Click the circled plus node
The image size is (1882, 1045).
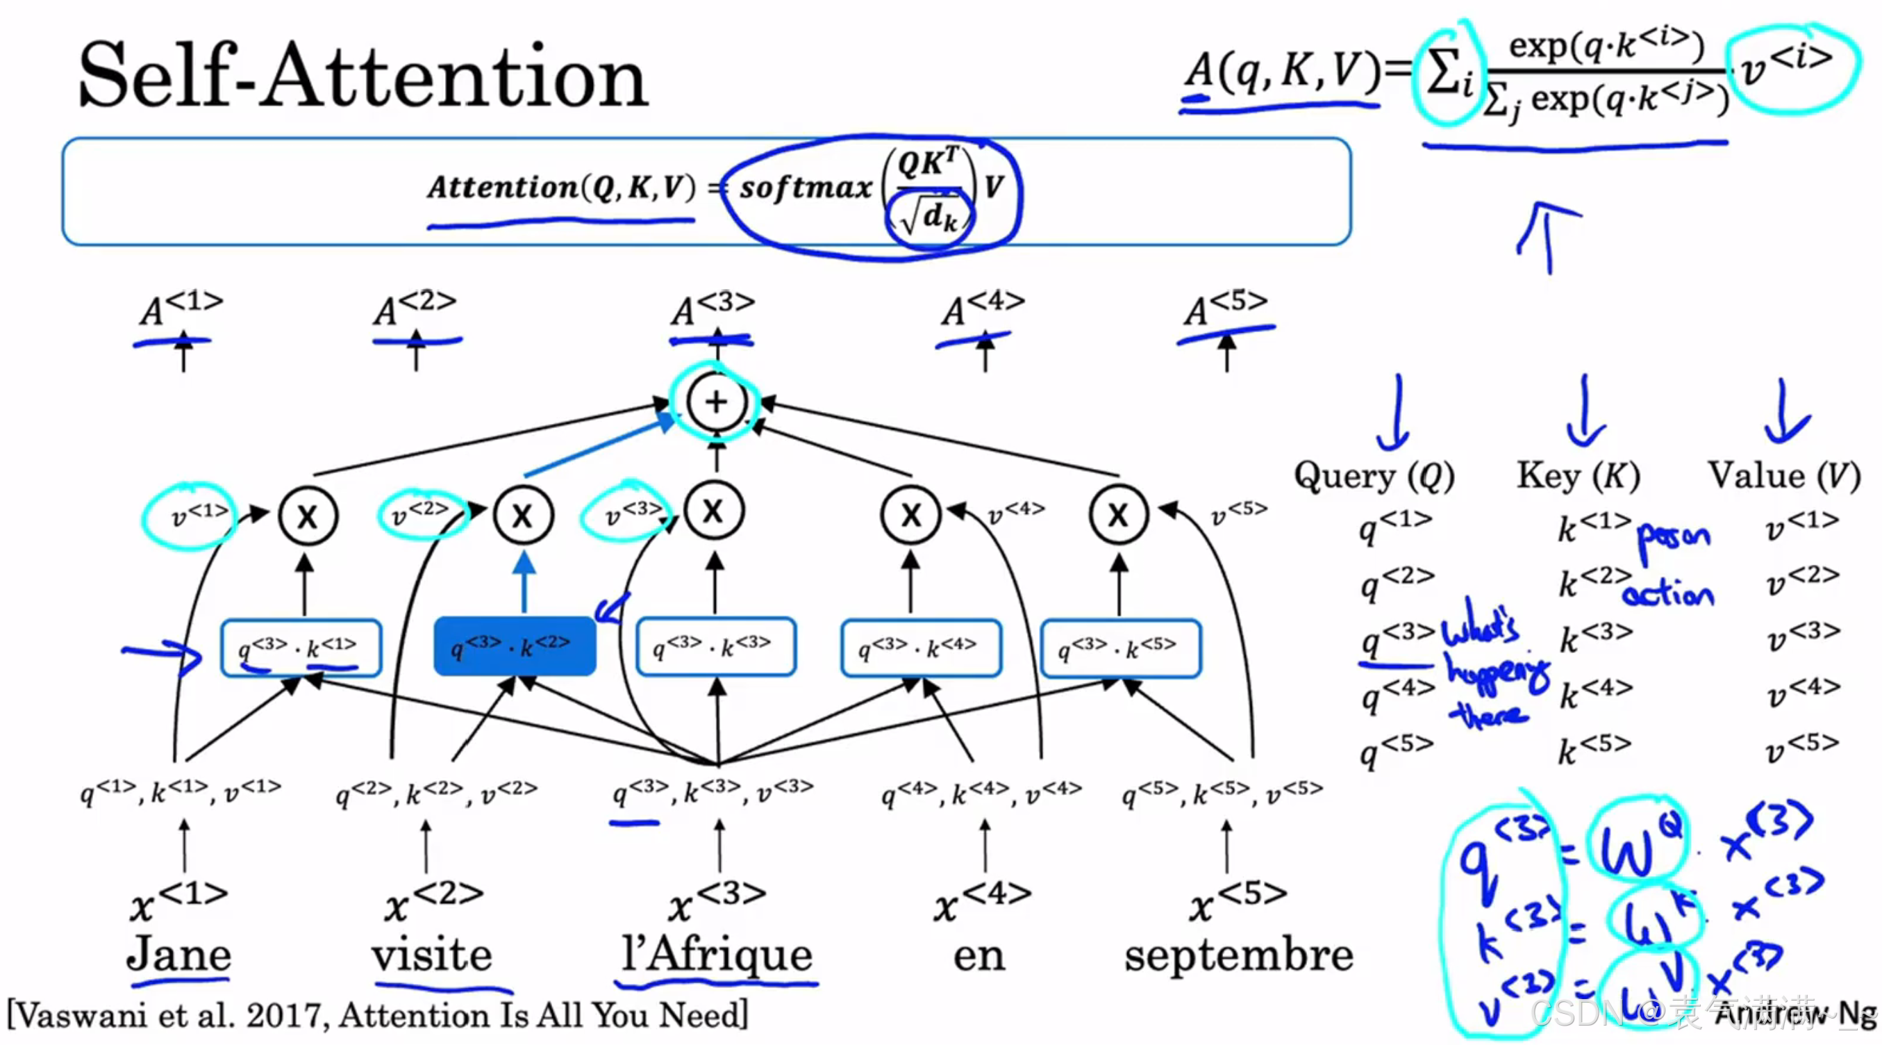click(717, 401)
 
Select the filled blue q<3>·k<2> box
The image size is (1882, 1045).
click(515, 646)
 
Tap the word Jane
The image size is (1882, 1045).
click(178, 955)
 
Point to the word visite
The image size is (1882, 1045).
click(432, 955)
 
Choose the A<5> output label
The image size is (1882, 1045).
click(1226, 310)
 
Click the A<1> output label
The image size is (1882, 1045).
click(181, 310)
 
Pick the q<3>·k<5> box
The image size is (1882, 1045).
click(1120, 648)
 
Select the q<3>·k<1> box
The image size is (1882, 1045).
click(301, 648)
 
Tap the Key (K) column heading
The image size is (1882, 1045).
click(1579, 477)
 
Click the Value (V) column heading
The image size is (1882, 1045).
click(1783, 477)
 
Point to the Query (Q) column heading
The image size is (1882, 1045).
click(1374, 477)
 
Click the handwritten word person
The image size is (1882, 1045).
click(1673, 538)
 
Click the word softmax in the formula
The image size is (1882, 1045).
click(806, 188)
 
